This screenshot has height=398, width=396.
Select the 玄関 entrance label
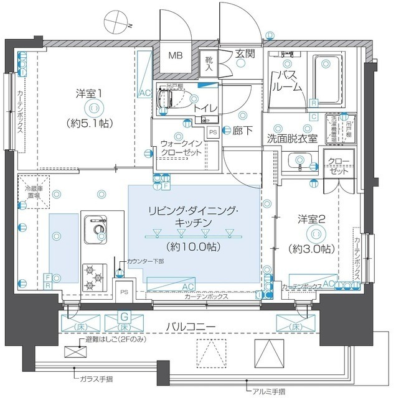[x=245, y=53]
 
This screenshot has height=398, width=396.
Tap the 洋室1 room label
[x=90, y=93]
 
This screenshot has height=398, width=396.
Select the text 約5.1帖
[x=90, y=123]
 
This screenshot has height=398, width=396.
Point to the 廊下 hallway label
[x=243, y=131]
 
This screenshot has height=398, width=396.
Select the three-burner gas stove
[x=95, y=277]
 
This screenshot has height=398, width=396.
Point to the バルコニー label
[x=199, y=326]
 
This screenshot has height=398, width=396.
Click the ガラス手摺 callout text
[x=97, y=377]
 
